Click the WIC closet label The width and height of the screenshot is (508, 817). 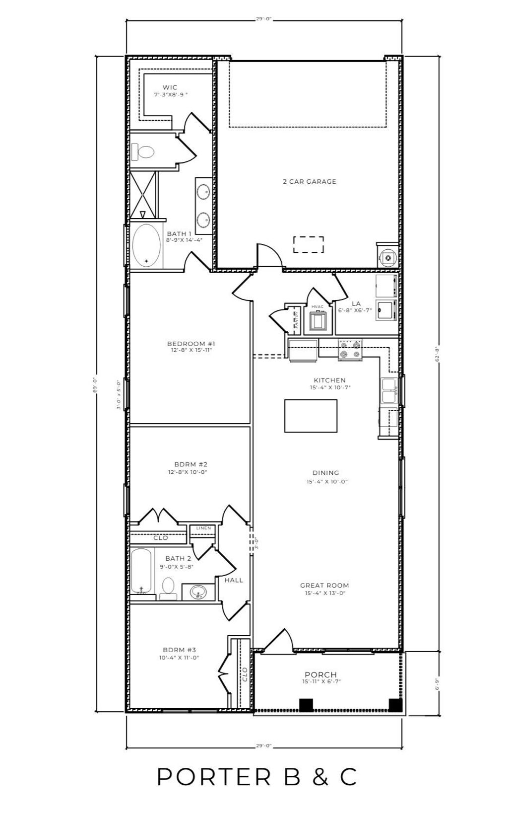(x=170, y=88)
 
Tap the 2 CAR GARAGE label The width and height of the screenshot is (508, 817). (x=309, y=182)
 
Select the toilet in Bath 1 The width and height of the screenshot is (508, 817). (x=143, y=151)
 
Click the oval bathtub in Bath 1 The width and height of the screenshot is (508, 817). (x=146, y=246)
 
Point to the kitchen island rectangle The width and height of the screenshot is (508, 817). (x=311, y=416)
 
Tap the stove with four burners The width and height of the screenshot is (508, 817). (x=350, y=350)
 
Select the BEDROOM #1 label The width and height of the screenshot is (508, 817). (x=190, y=344)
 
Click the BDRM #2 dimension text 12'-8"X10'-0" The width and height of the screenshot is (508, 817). (x=187, y=472)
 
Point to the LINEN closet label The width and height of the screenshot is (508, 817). (x=203, y=528)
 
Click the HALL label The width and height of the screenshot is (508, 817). (x=234, y=580)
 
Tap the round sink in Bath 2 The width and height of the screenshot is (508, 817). (x=198, y=592)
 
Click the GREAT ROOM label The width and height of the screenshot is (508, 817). (x=324, y=586)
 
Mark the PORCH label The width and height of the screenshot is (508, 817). (x=320, y=674)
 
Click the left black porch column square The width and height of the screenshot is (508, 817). (x=306, y=705)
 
